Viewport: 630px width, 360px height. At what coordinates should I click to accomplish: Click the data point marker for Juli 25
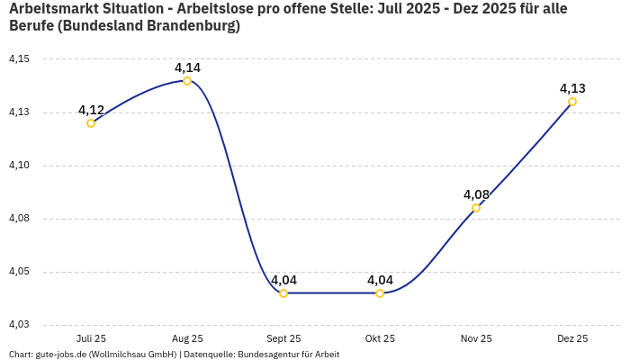point(91,123)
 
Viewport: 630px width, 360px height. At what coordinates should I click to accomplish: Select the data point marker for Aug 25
point(187,81)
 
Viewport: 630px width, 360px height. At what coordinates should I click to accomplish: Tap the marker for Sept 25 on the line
point(283,293)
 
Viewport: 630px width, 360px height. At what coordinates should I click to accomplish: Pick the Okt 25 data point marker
point(380,293)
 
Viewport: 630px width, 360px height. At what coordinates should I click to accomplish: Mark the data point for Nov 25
point(476,208)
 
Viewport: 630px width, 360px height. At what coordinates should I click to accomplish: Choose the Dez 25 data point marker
point(572,102)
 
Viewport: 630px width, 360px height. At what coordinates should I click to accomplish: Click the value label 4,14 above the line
point(187,67)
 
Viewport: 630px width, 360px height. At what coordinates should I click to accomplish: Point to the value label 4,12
point(91,110)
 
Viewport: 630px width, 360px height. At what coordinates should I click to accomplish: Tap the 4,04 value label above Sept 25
point(283,280)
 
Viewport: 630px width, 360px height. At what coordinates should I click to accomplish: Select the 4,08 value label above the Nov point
point(476,194)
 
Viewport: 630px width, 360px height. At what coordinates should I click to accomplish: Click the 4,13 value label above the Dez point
point(572,88)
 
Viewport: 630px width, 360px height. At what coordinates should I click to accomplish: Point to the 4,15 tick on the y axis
point(19,59)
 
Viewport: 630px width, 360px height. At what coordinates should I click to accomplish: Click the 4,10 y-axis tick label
point(19,166)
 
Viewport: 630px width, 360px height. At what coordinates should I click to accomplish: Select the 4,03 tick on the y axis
point(19,325)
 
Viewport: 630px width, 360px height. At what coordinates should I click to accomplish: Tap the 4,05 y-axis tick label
point(19,272)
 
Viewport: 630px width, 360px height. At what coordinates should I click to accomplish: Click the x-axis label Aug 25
point(187,338)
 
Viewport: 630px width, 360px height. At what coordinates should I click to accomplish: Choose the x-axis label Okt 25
point(380,338)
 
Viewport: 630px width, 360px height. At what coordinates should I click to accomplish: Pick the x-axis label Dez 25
point(572,338)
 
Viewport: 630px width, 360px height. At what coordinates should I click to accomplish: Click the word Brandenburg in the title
point(193,26)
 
